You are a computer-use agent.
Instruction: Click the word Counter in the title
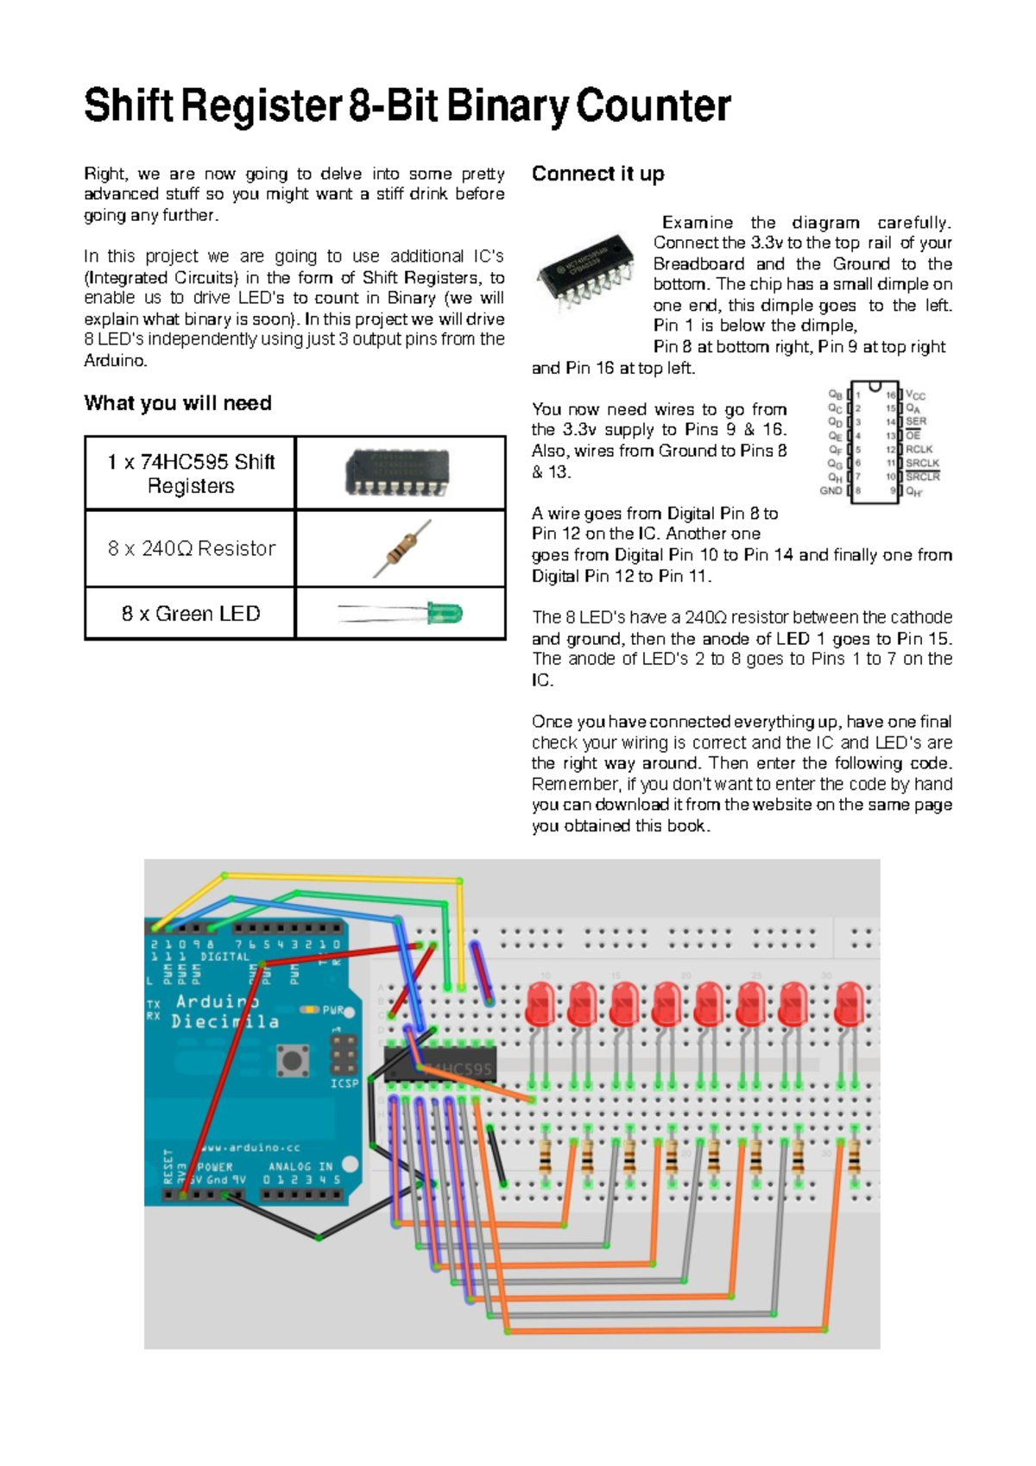point(653,106)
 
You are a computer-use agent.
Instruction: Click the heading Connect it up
point(597,174)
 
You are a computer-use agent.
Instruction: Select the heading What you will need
point(178,403)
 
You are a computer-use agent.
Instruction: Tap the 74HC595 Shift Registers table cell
point(191,473)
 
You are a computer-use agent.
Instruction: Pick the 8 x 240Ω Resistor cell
point(191,548)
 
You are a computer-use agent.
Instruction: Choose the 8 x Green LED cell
point(191,614)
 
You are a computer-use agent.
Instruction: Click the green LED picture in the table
point(401,614)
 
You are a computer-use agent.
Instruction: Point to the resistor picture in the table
point(401,548)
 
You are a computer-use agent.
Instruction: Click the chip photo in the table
point(398,472)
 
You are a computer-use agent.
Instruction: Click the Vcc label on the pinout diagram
point(915,395)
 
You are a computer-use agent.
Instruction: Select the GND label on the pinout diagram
point(831,490)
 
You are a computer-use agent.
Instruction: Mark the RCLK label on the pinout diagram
point(919,449)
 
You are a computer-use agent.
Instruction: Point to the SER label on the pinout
point(916,421)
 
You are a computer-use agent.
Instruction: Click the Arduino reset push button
point(293,1059)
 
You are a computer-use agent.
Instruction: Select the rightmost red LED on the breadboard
point(850,1003)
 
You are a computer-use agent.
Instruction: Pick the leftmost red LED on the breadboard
point(540,1003)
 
